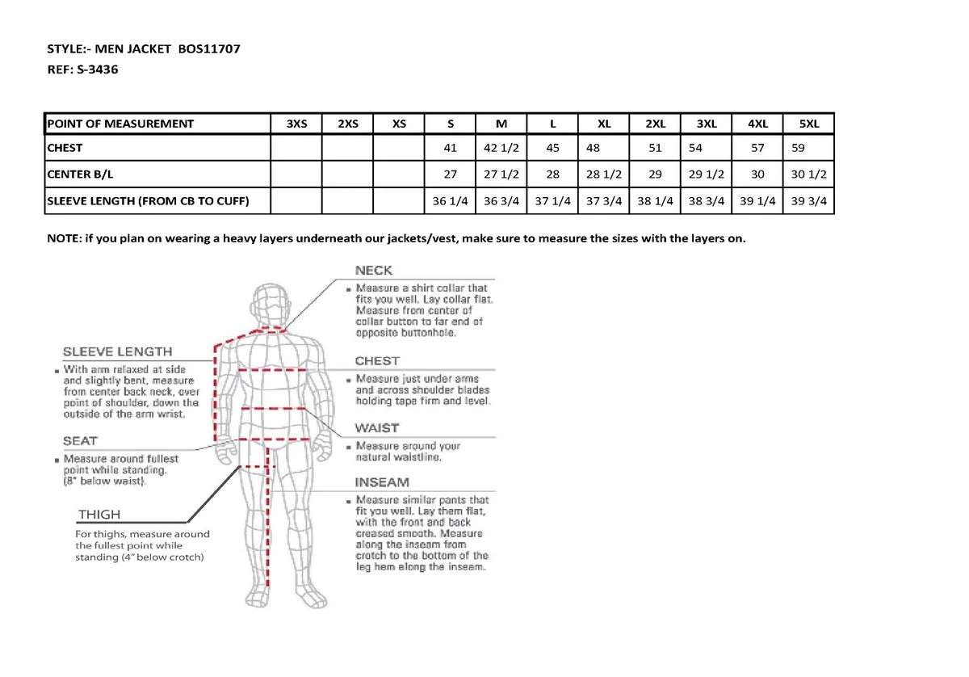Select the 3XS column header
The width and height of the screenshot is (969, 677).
(296, 124)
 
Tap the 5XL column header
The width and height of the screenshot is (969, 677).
(808, 124)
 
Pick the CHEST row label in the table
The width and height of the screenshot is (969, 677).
(65, 148)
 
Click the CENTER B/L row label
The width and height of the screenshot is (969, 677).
(77, 175)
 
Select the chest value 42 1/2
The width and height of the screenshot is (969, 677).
(501, 148)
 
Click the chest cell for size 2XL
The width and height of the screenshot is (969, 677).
(655, 148)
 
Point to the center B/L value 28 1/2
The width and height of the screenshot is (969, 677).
(604, 175)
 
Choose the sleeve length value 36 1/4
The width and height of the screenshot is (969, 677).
(451, 201)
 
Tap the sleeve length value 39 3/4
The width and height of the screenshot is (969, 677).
(808, 201)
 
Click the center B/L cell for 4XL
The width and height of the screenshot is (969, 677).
(757, 175)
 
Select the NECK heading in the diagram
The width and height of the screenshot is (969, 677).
(374, 271)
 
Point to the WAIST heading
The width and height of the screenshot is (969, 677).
(377, 428)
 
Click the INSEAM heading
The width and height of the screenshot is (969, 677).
(382, 482)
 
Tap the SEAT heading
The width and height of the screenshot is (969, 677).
(80, 441)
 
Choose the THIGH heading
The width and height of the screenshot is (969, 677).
(99, 515)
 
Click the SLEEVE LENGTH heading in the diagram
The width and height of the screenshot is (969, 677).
(118, 351)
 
